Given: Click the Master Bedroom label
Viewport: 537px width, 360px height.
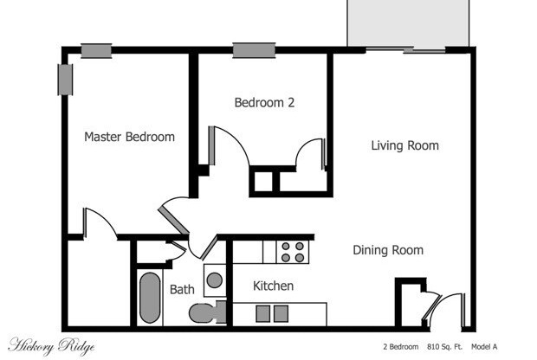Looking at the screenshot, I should click(x=129, y=137).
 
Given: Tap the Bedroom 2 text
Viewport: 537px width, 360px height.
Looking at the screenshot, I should click(x=264, y=102).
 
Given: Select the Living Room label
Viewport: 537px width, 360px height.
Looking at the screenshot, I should click(x=404, y=145).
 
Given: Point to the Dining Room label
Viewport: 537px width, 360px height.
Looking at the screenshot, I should click(x=388, y=250).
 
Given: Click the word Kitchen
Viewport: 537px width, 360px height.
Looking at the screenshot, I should click(x=273, y=286).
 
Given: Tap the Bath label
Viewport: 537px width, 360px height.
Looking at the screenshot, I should click(x=182, y=289).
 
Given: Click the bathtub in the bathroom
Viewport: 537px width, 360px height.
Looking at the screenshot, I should click(x=149, y=298).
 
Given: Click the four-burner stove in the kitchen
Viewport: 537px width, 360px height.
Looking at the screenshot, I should click(x=293, y=251).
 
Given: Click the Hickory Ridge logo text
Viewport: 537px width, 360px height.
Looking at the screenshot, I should click(x=51, y=346).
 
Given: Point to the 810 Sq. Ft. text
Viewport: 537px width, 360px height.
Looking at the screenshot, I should click(x=444, y=347).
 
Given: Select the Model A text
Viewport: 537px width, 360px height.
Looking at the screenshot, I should click(x=484, y=347).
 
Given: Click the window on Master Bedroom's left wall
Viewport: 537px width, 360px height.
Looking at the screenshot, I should click(x=64, y=80).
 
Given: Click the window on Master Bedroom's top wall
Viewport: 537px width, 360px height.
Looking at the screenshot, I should click(x=96, y=51).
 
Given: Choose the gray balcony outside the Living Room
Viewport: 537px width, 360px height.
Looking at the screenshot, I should click(x=407, y=23).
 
